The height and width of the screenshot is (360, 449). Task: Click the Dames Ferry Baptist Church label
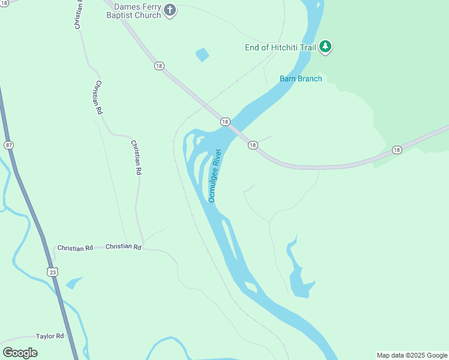137,10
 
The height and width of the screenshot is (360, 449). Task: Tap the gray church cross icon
170,10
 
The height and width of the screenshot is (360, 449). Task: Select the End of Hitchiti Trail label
280,47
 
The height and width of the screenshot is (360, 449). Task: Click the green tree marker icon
325,46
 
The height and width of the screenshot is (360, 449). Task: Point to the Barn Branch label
301,79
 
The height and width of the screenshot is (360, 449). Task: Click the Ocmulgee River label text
215,175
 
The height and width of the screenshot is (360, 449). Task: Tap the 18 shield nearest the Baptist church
158,66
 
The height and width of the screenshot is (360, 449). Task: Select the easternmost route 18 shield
396,149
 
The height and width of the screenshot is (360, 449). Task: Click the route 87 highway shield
8,145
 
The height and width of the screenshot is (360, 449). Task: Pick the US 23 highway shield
52,272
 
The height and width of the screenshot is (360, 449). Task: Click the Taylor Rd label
50,337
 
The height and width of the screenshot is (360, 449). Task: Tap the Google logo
20,352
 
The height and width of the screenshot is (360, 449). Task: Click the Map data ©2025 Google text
412,355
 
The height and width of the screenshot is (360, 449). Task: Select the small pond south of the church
202,55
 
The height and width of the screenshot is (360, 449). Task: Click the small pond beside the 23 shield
74,283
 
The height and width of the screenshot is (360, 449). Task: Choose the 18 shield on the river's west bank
224,121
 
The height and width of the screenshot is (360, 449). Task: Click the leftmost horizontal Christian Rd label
75,248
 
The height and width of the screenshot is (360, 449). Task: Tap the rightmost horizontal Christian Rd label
123,247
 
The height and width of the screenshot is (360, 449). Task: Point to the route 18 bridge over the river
234,130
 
